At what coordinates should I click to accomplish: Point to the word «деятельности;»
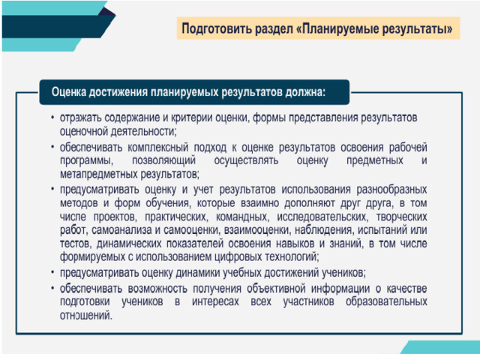click(143, 132)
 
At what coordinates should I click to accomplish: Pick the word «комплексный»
click(158, 147)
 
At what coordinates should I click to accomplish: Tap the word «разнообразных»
click(391, 190)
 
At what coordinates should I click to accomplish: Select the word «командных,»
click(242, 217)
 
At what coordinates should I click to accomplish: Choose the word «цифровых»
click(238, 256)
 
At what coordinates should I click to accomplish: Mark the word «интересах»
click(215, 301)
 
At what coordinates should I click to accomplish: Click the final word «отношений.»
click(86, 315)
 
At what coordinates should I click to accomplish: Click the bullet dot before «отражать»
click(53, 118)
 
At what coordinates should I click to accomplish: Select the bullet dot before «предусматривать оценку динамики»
click(53, 272)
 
